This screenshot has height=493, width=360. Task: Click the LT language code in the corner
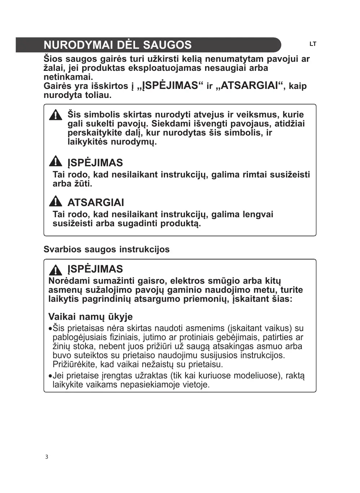[313, 44]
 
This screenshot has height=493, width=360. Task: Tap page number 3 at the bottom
[47, 457]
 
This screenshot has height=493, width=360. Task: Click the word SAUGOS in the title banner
[167, 45]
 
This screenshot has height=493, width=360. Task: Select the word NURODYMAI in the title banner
[78, 45]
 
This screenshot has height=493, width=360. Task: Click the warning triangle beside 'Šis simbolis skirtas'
[56, 115]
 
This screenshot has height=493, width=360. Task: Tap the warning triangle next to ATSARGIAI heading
[56, 201]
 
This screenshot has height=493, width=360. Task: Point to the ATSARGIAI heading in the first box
[96, 202]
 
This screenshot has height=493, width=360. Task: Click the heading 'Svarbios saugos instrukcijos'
[107, 249]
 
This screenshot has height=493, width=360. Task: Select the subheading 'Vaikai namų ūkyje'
[90, 317]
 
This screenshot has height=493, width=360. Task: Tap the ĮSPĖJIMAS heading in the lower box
[95, 269]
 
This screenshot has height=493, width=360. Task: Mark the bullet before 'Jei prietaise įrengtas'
[50, 376]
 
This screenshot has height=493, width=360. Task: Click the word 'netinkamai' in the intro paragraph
[68, 77]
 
